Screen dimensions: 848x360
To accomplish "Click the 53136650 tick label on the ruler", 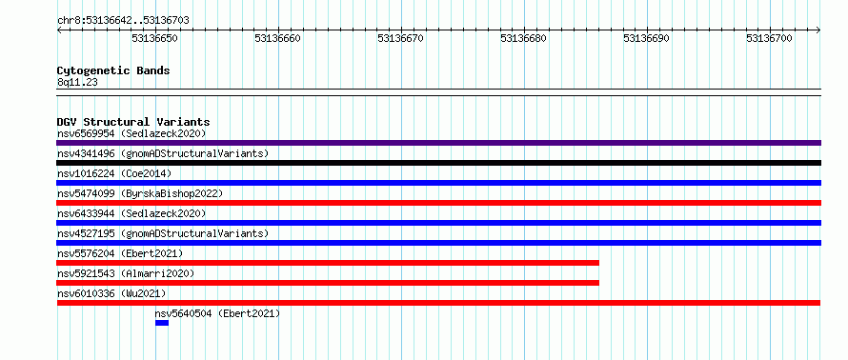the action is [x=155, y=38].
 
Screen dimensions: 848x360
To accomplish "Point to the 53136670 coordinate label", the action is [x=401, y=38].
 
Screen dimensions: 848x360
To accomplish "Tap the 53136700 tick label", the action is [x=769, y=38].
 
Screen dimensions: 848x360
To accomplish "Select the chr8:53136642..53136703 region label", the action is [x=123, y=21].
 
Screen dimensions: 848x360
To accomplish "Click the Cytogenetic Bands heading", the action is [x=113, y=70].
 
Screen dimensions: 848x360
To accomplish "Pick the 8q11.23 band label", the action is [x=77, y=83].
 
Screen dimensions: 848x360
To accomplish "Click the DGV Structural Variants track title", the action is [x=133, y=122].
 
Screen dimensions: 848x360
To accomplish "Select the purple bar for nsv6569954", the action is [x=438, y=143].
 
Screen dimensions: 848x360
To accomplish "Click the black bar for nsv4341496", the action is [x=438, y=163].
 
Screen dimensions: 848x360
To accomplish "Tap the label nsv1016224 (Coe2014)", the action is [x=114, y=173].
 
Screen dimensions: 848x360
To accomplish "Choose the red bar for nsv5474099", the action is [x=438, y=203].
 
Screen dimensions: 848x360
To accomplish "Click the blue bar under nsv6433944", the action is [x=438, y=223].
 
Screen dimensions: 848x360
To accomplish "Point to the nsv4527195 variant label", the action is [x=163, y=233].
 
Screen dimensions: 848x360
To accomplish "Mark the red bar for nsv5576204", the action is [x=328, y=263].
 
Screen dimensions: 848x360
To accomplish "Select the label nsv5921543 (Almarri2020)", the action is [x=126, y=273].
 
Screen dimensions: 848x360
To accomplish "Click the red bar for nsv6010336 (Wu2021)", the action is [x=438, y=303].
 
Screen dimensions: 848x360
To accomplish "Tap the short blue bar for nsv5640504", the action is [x=162, y=323].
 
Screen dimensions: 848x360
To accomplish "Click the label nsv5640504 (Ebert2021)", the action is [x=218, y=313].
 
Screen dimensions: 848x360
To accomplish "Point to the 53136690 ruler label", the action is [x=646, y=38].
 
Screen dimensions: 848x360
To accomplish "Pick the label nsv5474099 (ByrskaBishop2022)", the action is [x=140, y=193].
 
